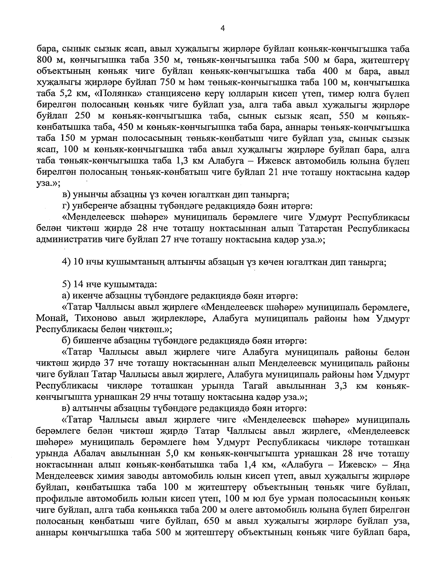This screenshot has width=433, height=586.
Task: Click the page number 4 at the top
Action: coord(223,29)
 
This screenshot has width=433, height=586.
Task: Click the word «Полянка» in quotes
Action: coord(103,94)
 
